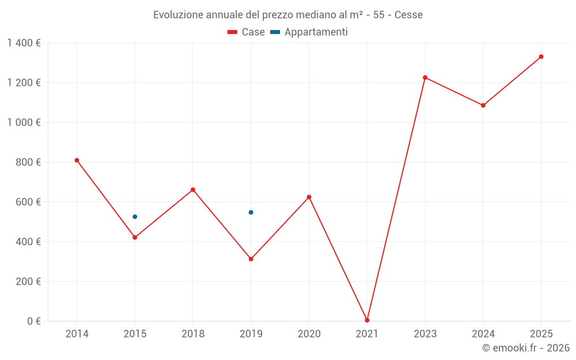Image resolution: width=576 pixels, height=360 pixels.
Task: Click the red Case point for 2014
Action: tap(77, 160)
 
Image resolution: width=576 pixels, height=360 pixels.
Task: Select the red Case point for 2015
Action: tap(135, 237)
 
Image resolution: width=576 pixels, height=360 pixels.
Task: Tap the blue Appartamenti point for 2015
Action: tap(135, 217)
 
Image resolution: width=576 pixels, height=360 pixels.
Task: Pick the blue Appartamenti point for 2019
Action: tap(251, 213)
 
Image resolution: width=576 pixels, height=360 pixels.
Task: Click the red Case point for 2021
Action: tap(367, 320)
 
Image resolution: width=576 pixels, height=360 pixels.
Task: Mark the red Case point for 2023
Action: tap(425, 77)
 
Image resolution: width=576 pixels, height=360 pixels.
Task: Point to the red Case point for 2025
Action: tap(541, 56)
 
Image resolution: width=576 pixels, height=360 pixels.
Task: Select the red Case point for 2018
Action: tap(193, 190)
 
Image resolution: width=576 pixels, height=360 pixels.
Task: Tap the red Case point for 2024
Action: tap(483, 105)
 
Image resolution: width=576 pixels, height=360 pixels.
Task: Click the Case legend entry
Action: tap(247, 32)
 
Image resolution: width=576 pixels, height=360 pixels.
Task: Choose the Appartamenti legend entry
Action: tap(309, 32)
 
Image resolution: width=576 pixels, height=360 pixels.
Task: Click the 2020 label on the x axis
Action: tap(309, 334)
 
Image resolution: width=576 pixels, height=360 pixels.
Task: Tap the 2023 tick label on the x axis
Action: tap(425, 334)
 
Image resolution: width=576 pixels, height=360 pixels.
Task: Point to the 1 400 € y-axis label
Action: tap(24, 43)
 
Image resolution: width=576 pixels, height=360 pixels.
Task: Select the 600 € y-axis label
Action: tap(28, 202)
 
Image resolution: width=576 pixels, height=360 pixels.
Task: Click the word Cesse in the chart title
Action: tap(408, 15)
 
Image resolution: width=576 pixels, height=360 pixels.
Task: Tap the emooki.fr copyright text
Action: tap(526, 348)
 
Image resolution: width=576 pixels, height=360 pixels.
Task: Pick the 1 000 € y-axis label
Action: tap(24, 123)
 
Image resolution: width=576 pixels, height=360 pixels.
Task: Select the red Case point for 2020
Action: tap(309, 197)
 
